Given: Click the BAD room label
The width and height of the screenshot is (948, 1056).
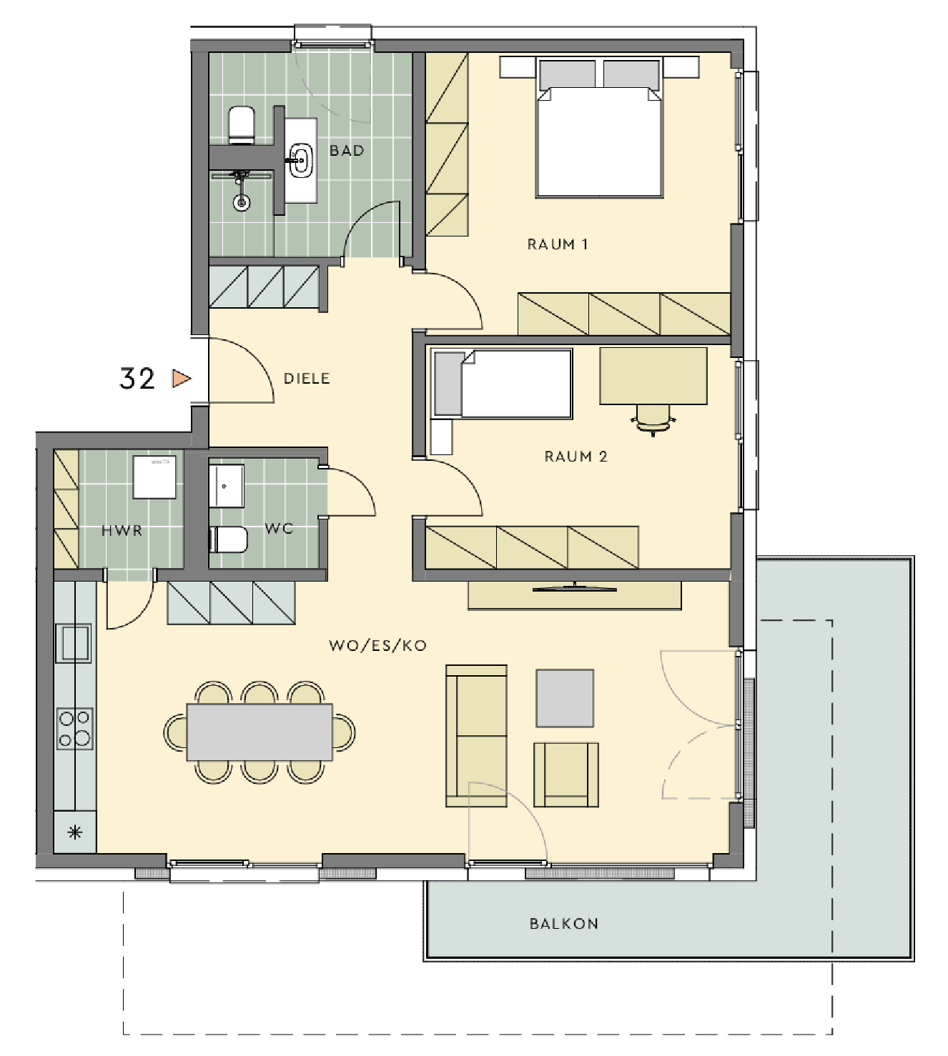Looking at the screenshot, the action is point(347,151).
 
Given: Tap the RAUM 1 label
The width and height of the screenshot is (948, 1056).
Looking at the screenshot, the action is point(558,244).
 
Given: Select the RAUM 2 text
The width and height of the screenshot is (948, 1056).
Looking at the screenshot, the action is point(576,457).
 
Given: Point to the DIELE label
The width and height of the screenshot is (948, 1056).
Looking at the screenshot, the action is point(307,379).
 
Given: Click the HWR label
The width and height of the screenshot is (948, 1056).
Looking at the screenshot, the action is point(122,531).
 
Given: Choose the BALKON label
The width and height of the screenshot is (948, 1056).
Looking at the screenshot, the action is point(564,924).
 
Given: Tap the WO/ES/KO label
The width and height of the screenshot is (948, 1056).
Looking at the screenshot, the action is point(378,646).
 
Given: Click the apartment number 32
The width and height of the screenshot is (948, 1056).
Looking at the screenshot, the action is point(137,379).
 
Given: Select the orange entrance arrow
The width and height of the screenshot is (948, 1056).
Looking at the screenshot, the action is point(182,379).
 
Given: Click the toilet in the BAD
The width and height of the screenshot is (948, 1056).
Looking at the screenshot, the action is point(242,125).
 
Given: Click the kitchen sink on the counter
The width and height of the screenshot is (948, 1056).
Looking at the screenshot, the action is point(74,644).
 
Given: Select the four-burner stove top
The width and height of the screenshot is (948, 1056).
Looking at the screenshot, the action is point(74,729).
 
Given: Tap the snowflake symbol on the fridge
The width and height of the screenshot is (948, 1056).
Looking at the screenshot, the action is point(75,832).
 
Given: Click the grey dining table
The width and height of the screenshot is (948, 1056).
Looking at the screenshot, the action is point(260,732).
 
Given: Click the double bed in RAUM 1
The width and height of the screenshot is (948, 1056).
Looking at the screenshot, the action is point(600,128).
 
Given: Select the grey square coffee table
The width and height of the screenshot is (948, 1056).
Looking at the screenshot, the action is point(565,699).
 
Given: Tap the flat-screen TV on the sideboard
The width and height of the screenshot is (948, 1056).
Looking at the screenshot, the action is point(574,589).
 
